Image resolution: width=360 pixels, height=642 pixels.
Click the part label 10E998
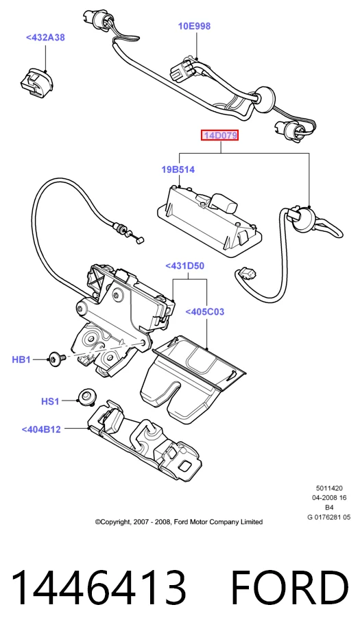194,27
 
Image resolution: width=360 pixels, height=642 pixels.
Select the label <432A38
45,38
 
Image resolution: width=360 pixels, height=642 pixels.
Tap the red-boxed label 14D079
219,135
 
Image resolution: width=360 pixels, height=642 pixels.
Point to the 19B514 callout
178,169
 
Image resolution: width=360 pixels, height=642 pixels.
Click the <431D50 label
184,266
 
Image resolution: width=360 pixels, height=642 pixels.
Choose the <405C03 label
205,312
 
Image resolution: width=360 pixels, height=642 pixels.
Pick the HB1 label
21,360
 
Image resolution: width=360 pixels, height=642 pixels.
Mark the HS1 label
50,402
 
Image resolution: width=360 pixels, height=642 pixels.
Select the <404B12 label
41,429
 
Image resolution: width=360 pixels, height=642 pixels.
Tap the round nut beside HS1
86,396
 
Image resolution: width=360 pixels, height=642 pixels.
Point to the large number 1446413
98,586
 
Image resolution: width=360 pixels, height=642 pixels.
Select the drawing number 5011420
329,488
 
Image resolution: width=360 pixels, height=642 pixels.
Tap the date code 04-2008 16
329,498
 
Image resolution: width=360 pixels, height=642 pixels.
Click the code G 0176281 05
329,517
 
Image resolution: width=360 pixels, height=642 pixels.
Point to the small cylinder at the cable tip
140,241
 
